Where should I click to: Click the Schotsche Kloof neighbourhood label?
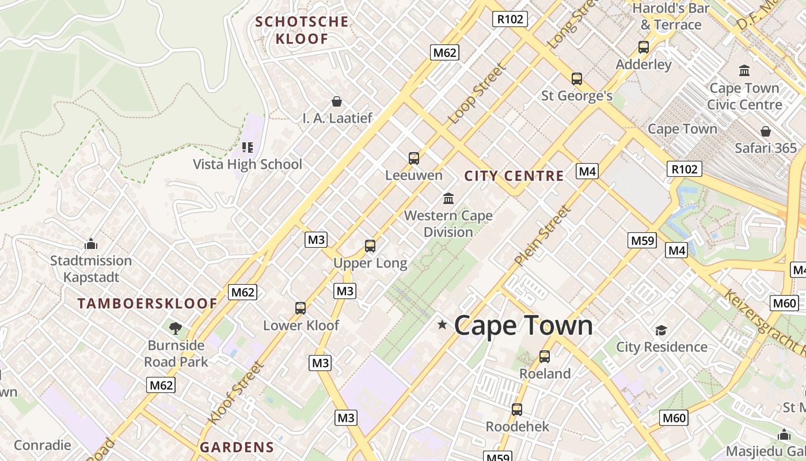click(302, 31)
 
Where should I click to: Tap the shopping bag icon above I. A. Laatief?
click(337, 102)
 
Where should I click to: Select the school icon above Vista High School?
click(248, 148)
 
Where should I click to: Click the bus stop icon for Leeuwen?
click(413, 158)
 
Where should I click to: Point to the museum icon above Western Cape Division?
click(448, 199)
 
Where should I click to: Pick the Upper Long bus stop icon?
click(370, 246)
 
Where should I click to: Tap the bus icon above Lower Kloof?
click(301, 308)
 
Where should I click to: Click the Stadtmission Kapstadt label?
click(91, 269)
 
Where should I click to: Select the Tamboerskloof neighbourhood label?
click(147, 304)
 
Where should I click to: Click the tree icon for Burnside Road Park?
click(176, 328)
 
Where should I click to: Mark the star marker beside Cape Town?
click(442, 325)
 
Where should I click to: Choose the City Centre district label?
click(514, 176)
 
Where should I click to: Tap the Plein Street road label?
click(543, 236)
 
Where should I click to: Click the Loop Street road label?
click(477, 93)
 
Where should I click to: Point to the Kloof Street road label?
click(236, 393)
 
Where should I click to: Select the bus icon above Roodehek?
click(517, 410)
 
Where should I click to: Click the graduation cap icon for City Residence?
click(661, 330)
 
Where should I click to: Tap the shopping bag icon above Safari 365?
click(765, 131)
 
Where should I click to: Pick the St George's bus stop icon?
click(576, 79)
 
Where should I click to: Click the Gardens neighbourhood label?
click(237, 447)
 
